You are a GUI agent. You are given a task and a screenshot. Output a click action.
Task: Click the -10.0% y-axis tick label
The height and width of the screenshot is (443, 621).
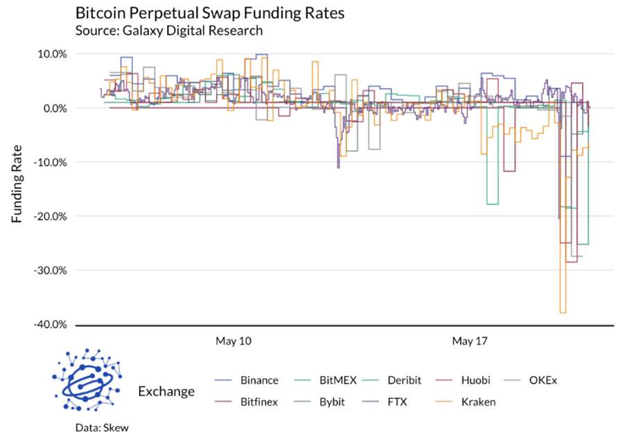[49, 162]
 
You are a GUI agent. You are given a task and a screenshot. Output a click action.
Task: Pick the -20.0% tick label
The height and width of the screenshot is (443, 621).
[49, 216]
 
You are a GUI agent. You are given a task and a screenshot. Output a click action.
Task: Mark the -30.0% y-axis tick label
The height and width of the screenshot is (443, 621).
[49, 270]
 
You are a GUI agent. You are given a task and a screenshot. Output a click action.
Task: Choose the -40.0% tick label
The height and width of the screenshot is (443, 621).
[49, 324]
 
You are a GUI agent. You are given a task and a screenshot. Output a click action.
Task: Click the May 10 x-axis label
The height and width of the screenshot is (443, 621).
[234, 341]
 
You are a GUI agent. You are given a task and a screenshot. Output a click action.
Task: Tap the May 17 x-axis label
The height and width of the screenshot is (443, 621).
[471, 341]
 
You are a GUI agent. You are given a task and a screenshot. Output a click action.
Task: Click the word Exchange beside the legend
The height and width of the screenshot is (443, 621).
[166, 391]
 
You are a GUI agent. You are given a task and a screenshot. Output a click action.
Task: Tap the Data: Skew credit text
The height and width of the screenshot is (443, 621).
[103, 428]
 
